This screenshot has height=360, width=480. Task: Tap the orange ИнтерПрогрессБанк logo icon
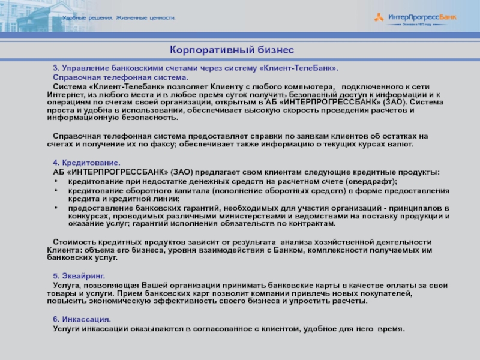point(379,17)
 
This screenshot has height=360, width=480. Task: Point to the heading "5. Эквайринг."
point(79,275)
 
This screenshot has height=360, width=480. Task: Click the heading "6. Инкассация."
point(82,319)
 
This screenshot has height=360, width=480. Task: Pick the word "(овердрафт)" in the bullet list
point(374,181)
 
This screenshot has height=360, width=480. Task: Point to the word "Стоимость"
point(72,241)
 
